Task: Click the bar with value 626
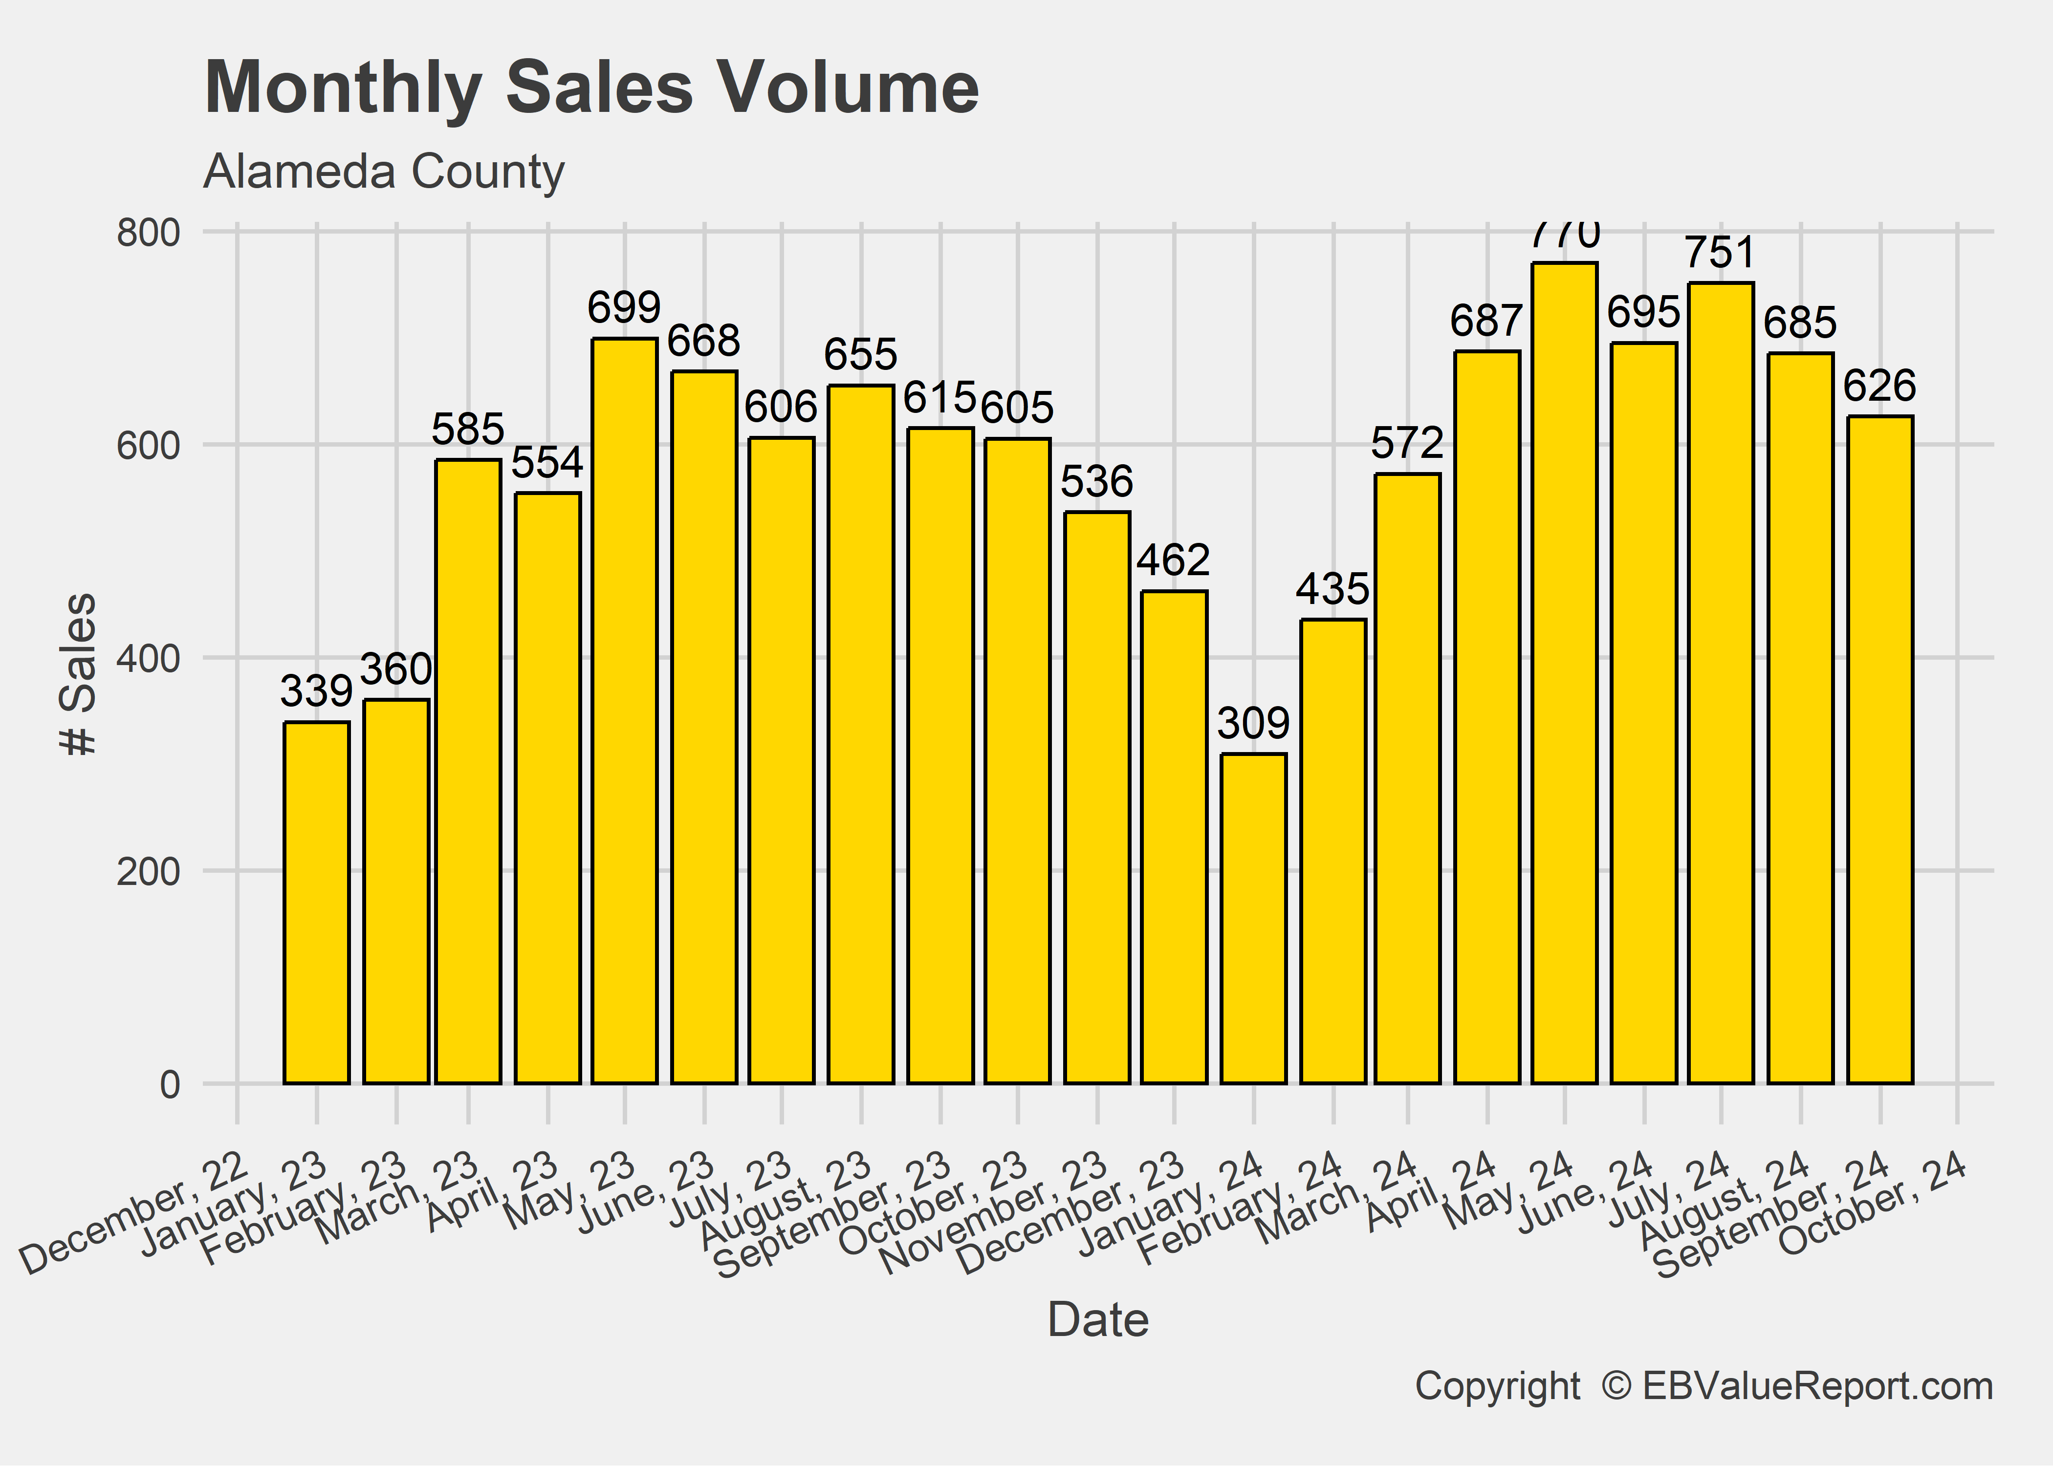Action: (x=1879, y=749)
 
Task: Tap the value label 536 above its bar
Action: (x=1096, y=482)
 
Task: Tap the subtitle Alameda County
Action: (x=384, y=172)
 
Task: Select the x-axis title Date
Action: (x=1098, y=1321)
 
